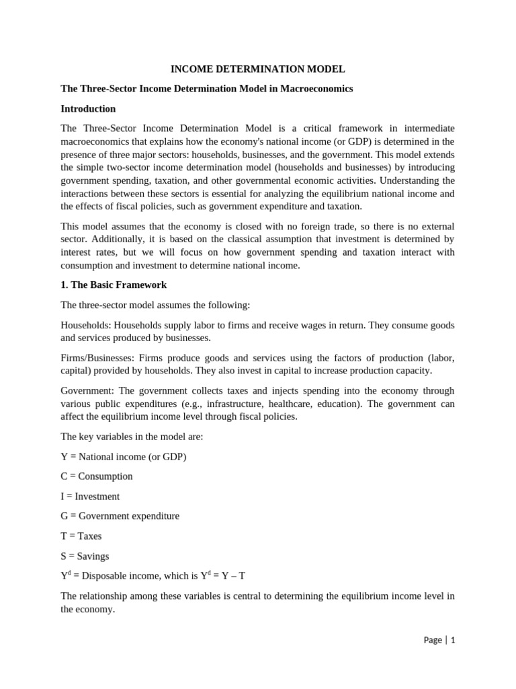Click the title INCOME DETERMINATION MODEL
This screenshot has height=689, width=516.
[x=258, y=69]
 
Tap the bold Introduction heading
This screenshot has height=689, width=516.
[x=88, y=108]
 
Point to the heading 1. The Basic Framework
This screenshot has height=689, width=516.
[x=114, y=285]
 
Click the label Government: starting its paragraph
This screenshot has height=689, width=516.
[x=87, y=391]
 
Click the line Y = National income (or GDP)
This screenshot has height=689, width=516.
[x=124, y=456]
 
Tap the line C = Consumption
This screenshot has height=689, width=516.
[x=97, y=476]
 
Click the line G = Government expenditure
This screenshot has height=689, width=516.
[x=120, y=516]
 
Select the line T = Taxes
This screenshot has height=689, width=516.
[x=81, y=536]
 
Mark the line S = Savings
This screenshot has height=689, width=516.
[x=85, y=556]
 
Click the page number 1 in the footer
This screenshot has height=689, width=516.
[x=453, y=640]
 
